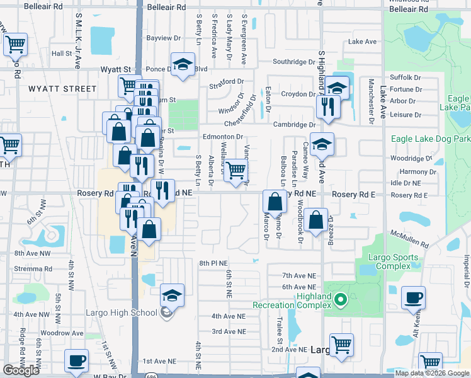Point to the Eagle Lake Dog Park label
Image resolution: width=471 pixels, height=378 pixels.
(430, 139)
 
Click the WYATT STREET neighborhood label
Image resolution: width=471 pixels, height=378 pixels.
(62, 89)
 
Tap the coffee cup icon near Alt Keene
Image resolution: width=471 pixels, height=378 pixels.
(413, 297)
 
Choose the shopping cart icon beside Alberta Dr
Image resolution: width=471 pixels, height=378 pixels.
(235, 169)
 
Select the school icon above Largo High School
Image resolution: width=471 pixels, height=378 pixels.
(172, 294)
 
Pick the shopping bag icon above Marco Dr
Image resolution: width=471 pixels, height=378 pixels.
(275, 202)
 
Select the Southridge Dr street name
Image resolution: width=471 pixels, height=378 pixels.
(293, 62)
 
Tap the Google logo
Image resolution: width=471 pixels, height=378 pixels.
(21, 370)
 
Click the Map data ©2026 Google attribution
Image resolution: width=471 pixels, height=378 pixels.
(431, 373)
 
